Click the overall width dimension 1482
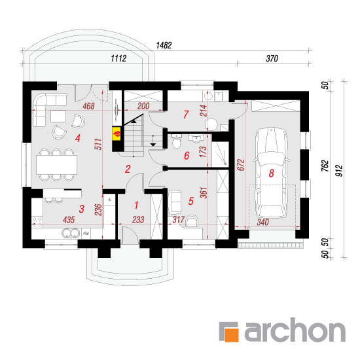[x=164, y=45]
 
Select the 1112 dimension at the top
[x=118, y=58]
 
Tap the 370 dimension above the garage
[x=272, y=58]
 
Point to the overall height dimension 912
[x=339, y=171]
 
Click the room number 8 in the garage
[x=272, y=173]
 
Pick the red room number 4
[x=78, y=138]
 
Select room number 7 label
[x=186, y=115]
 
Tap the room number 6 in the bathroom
[x=187, y=156]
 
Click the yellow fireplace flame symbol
[x=117, y=134]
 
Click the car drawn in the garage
[x=271, y=173]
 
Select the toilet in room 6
[x=176, y=141]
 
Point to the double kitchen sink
[x=71, y=233]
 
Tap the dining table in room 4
[x=56, y=164]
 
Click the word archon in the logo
[x=295, y=330]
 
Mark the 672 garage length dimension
[x=241, y=165]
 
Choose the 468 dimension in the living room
[x=88, y=106]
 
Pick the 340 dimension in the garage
[x=262, y=223]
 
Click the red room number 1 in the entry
[x=136, y=206]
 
